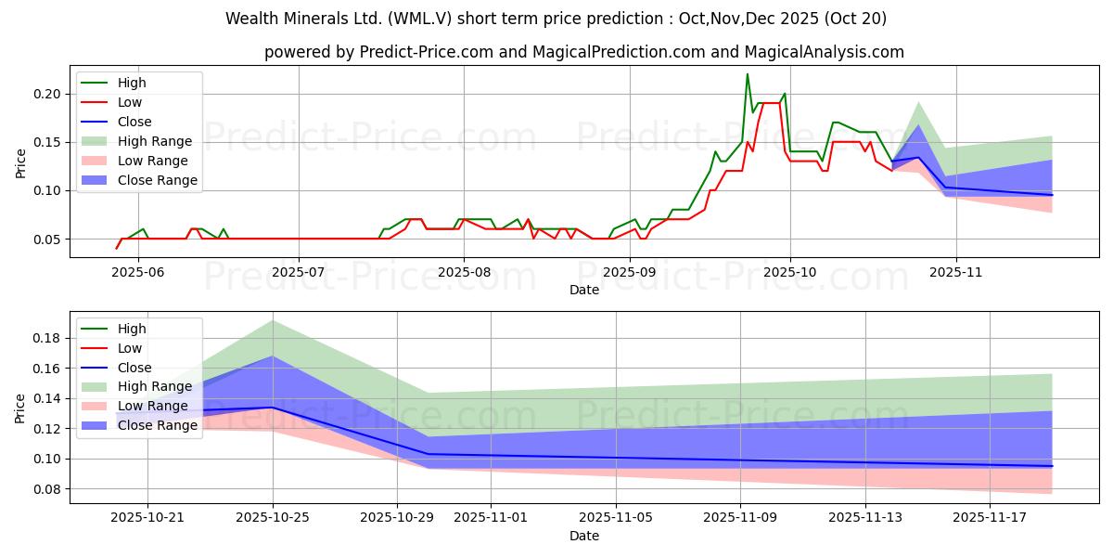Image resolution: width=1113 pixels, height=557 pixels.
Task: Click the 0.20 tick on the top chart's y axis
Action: (x=47, y=94)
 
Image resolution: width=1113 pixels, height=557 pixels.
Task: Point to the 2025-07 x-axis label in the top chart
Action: (x=299, y=271)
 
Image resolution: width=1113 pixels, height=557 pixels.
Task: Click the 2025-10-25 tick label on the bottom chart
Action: (x=273, y=517)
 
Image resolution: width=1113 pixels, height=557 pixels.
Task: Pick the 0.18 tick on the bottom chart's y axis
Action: (x=47, y=338)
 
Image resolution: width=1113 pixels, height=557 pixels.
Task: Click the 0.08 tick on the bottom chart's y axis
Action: (x=47, y=489)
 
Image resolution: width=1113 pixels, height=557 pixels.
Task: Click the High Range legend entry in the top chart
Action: (x=155, y=141)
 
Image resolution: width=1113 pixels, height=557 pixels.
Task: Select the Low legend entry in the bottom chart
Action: (x=130, y=348)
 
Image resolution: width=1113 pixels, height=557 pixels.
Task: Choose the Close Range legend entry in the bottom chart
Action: (x=158, y=425)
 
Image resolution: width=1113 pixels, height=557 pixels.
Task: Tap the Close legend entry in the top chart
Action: (x=134, y=122)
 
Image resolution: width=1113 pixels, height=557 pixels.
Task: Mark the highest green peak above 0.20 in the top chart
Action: (x=748, y=74)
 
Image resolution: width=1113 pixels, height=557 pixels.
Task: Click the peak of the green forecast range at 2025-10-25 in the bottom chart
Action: (x=273, y=320)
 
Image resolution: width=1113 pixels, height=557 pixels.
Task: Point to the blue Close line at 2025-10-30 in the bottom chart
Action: (x=429, y=454)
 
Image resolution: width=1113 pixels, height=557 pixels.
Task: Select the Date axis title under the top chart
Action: (x=584, y=290)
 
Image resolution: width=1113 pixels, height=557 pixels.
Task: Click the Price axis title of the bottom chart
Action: (x=20, y=408)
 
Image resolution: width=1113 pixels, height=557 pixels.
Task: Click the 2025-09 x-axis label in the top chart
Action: (x=630, y=271)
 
